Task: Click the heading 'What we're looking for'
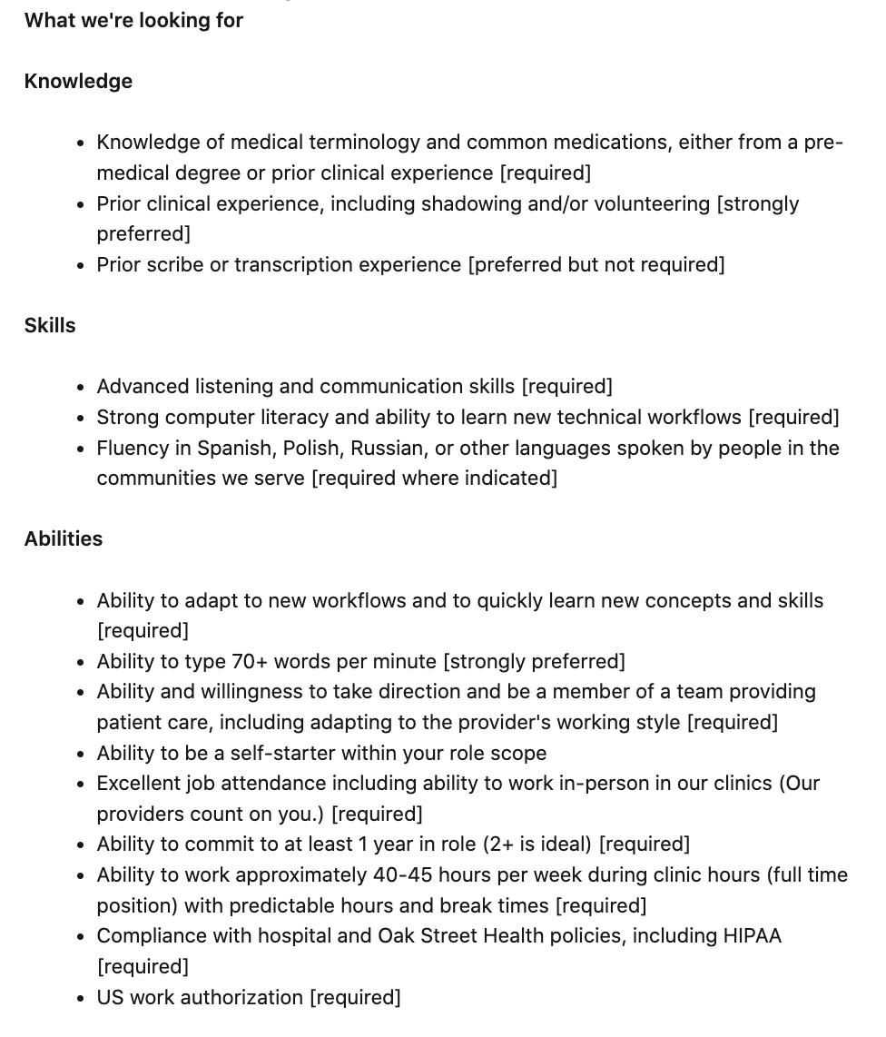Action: coord(133,20)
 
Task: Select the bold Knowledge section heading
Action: coord(78,81)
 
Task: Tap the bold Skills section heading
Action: coord(50,325)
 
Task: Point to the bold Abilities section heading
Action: coord(64,538)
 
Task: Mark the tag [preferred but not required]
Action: coord(596,264)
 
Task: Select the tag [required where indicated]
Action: coord(434,478)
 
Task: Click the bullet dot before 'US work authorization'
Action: coord(82,998)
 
